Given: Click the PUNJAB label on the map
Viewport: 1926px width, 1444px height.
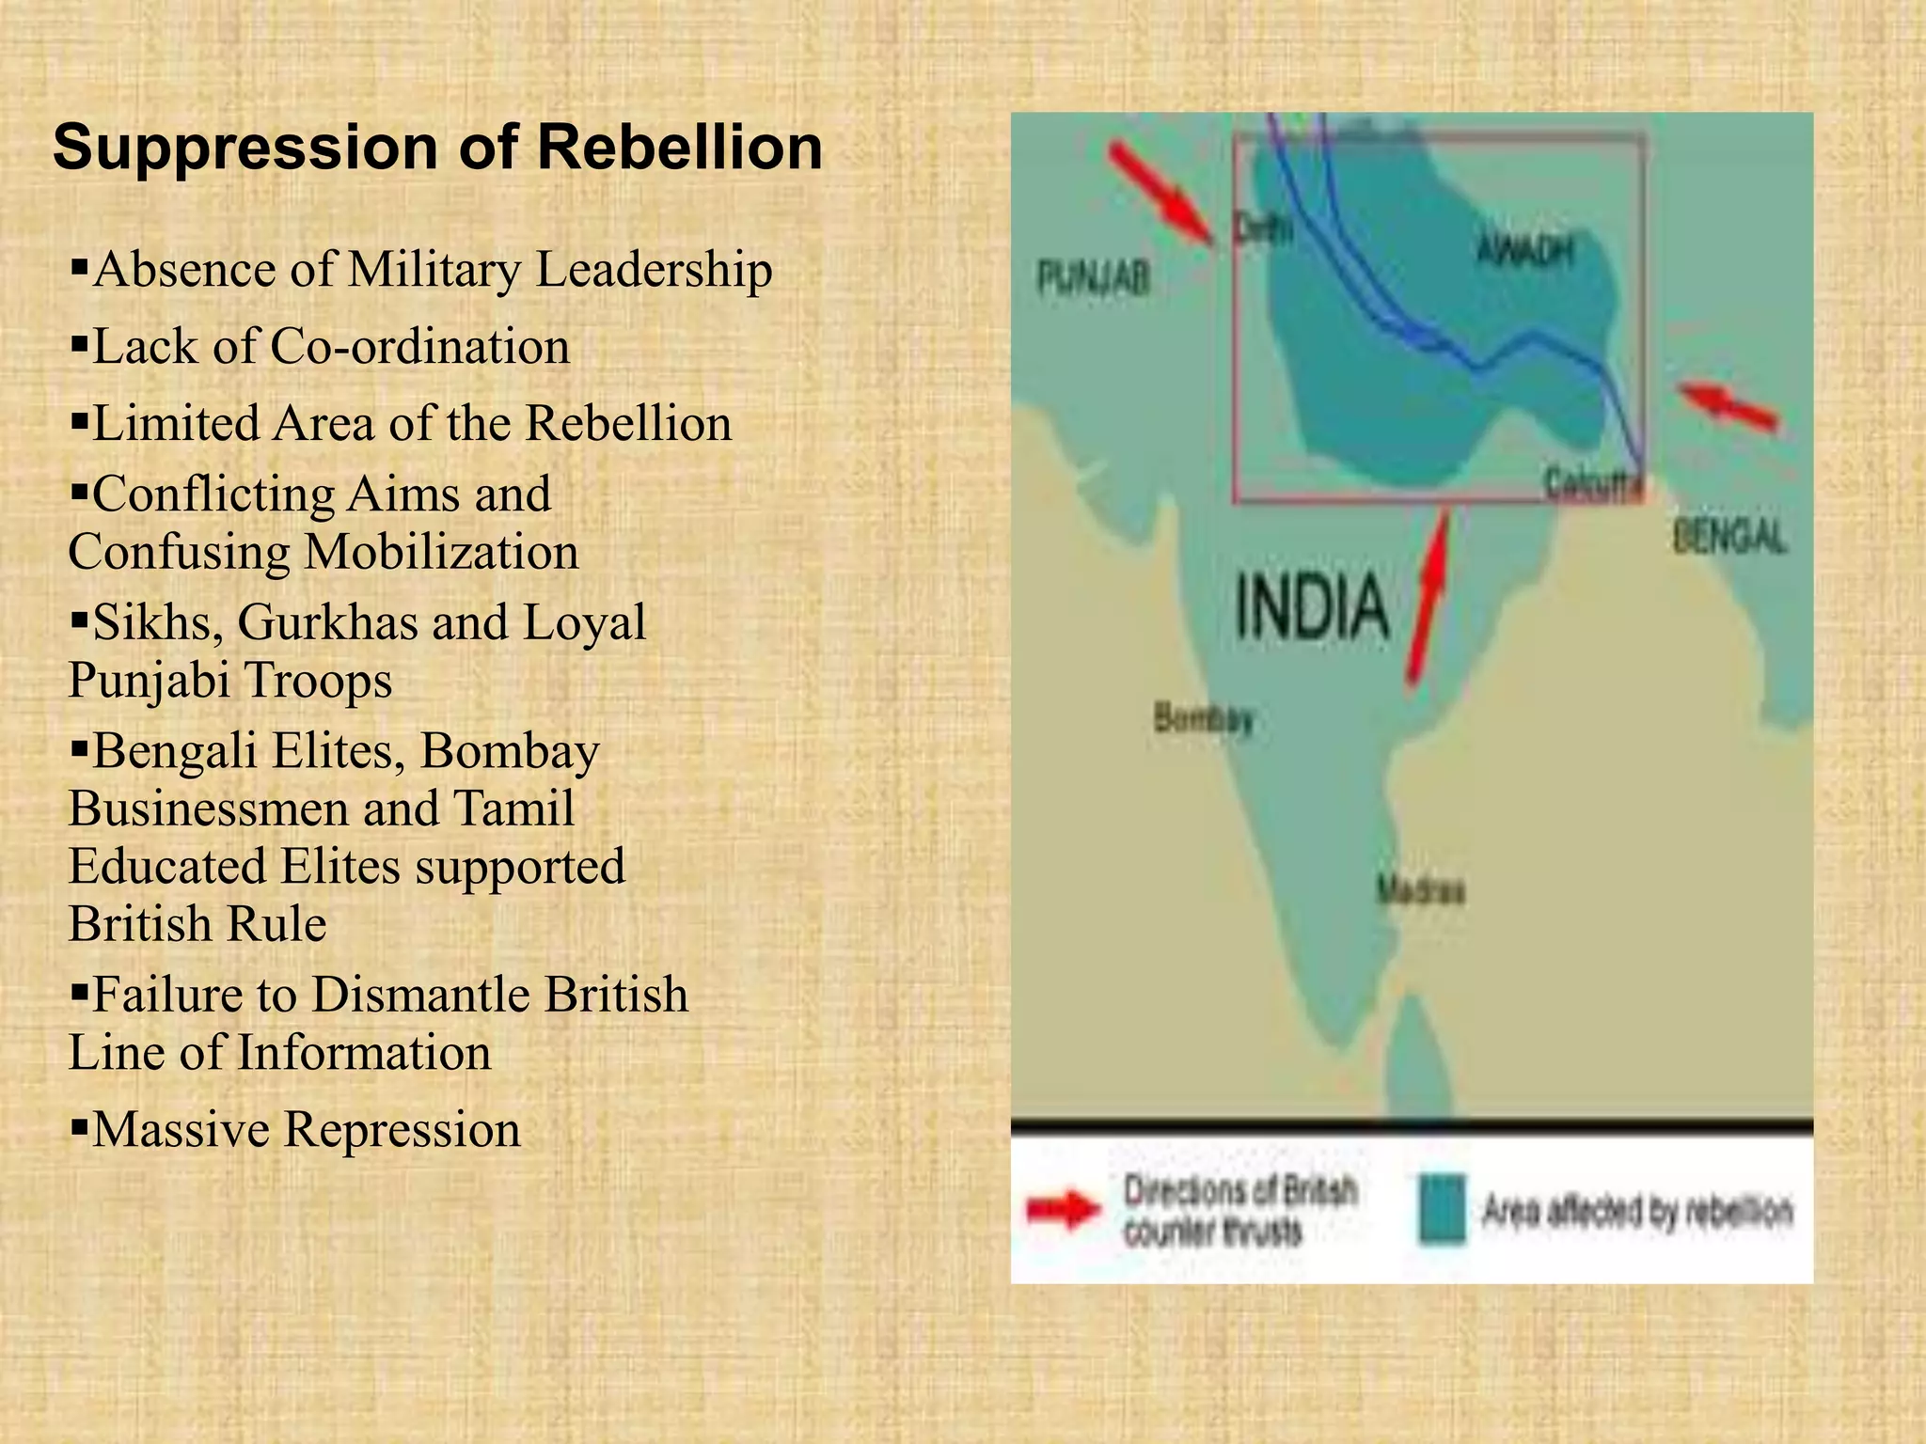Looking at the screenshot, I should [1093, 278].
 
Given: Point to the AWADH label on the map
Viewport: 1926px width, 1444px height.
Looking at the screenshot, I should [1524, 250].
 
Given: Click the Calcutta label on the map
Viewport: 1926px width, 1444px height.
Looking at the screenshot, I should [1594, 484].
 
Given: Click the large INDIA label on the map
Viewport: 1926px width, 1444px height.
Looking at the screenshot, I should [1312, 607].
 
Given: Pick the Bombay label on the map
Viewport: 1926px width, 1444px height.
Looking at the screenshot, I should [1204, 719].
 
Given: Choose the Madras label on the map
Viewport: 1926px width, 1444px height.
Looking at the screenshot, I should [1420, 889].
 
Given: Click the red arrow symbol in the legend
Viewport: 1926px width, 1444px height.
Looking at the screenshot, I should [1064, 1210].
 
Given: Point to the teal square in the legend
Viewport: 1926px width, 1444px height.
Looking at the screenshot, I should [1442, 1209].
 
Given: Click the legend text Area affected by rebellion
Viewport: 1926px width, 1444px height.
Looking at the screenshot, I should [1636, 1211].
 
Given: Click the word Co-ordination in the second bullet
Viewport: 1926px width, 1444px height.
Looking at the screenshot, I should [419, 347].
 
